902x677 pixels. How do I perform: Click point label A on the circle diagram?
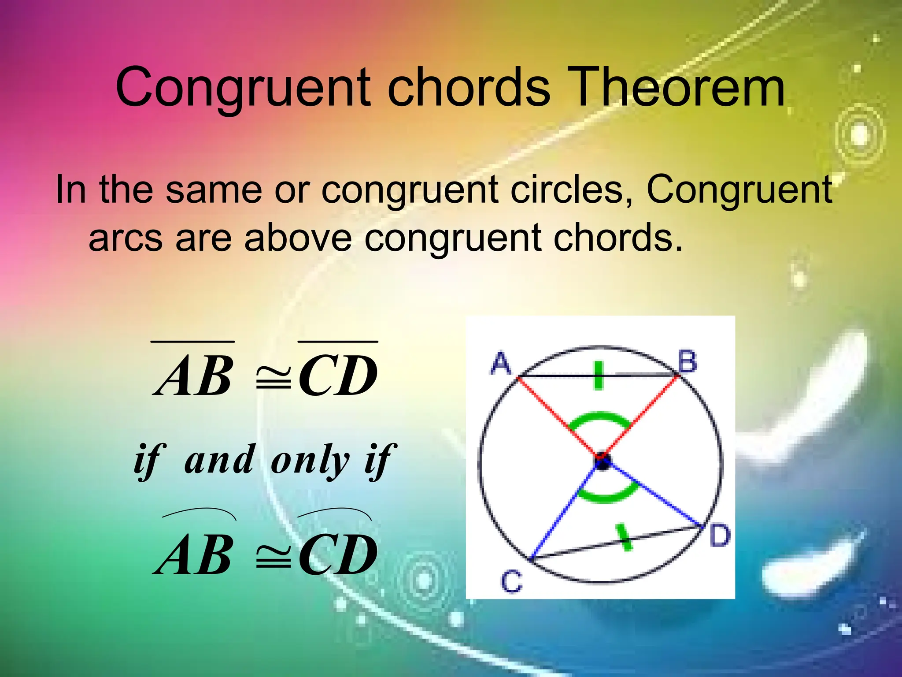[x=501, y=364]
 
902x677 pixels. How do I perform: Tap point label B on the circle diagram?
[x=688, y=362]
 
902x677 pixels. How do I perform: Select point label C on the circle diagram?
[x=512, y=581]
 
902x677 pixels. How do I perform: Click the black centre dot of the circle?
[x=602, y=462]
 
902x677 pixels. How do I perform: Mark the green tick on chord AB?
[x=598, y=376]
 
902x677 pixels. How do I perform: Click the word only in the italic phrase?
[x=310, y=461]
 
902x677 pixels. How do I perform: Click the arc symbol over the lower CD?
[x=334, y=513]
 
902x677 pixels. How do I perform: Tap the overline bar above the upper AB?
[x=192, y=341]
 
